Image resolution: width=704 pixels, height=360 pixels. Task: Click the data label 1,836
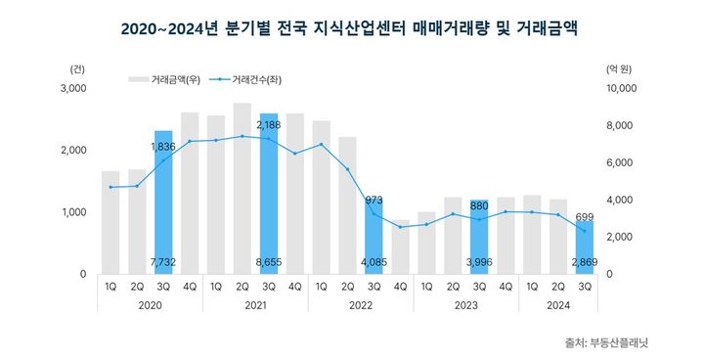pyautogui.click(x=163, y=146)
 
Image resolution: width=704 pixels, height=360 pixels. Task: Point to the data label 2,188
pyautogui.click(x=268, y=125)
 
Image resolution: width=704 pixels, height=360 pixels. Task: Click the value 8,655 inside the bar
pyautogui.click(x=268, y=263)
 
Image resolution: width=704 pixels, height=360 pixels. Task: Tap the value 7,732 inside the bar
pyautogui.click(x=163, y=263)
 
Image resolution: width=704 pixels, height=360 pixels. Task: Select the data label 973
pyautogui.click(x=374, y=200)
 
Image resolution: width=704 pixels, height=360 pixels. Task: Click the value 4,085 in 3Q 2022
pyautogui.click(x=374, y=263)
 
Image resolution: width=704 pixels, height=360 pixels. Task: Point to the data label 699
pyautogui.click(x=584, y=216)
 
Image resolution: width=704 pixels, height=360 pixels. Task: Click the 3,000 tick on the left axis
pyautogui.click(x=74, y=89)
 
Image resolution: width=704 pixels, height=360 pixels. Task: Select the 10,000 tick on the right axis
pyautogui.click(x=623, y=89)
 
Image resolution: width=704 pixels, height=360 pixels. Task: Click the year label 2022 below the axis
pyautogui.click(x=360, y=305)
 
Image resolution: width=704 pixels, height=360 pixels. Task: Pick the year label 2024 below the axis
pyautogui.click(x=558, y=305)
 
